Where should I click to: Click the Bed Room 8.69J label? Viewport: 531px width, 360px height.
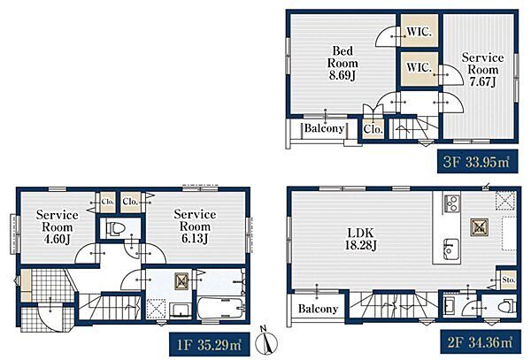pos(342,63)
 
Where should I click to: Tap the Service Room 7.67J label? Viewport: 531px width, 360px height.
pos(482,69)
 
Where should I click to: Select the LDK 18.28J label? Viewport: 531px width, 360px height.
pos(361,239)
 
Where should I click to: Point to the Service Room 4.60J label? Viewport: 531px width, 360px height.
pos(57,226)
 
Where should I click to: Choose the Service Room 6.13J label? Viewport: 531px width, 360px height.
pos(195,226)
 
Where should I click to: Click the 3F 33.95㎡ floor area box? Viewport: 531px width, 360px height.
pos(478,161)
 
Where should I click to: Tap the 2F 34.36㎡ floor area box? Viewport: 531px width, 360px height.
pos(481,341)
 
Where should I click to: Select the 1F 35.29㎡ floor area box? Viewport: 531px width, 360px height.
pos(209,344)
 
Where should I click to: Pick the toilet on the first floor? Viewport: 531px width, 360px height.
pos(115,229)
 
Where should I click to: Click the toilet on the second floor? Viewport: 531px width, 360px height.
pos(506,307)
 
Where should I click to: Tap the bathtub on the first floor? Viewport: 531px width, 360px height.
pos(220,308)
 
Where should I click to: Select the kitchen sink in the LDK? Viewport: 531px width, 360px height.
pos(451,249)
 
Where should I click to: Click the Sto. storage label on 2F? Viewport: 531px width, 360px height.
pos(509,280)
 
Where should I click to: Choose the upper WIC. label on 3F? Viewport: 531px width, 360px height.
pos(419,32)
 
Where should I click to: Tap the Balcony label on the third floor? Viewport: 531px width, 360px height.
pos(324,128)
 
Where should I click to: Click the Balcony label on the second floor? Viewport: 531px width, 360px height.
pos(318,309)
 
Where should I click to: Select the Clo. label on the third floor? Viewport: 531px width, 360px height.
pos(373,129)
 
